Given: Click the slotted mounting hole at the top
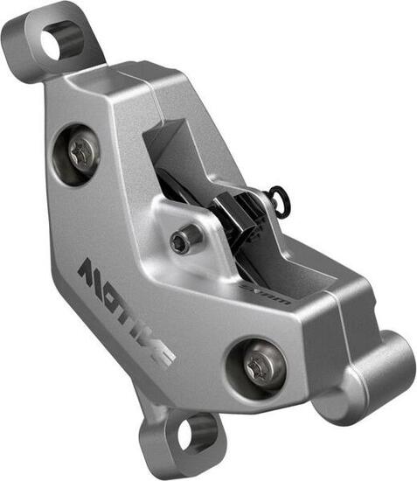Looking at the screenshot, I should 63,39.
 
